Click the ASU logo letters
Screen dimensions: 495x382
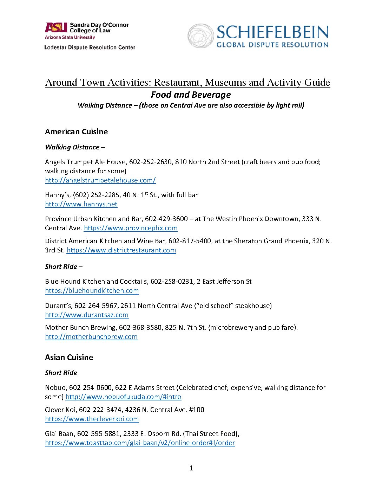pos(56,28)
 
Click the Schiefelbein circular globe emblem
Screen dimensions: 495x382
pos(200,36)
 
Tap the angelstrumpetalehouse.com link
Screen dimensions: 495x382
pos(100,180)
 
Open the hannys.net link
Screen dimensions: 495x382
pos(81,204)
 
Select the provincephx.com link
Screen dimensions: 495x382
pos(131,228)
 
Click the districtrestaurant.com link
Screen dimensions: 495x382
pos(121,250)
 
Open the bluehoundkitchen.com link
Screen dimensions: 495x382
pos(92,290)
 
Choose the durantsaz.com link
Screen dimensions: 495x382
pos(87,315)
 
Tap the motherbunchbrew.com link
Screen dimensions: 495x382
pos(91,336)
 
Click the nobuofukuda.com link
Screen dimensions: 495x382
pos(123,397)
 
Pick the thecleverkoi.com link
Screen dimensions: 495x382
pos(92,419)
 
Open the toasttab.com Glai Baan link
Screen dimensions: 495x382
pos(140,443)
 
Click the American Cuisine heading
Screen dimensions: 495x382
pos(76,131)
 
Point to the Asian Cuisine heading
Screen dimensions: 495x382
pos(69,357)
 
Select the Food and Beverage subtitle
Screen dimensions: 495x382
pos(191,95)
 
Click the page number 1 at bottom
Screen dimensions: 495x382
pos(191,468)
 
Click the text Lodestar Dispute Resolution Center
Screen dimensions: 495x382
pos(90,47)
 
